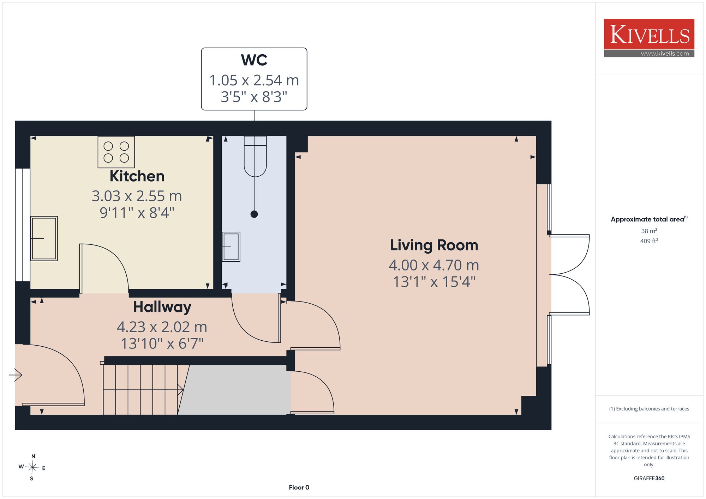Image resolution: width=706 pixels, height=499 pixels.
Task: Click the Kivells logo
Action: coord(649,38)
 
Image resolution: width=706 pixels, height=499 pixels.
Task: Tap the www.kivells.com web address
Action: coord(665,54)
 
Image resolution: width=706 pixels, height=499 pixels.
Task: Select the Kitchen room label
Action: coord(137,176)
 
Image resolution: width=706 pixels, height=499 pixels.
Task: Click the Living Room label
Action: coord(434,245)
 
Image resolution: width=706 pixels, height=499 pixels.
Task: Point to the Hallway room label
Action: coord(162,307)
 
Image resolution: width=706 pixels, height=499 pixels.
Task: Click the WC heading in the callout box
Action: coord(254,60)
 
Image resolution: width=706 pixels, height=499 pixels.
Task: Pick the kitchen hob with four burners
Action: coord(116,152)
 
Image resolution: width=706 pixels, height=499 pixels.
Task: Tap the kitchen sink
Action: coord(44,238)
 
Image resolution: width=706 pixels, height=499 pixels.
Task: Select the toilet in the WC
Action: coord(255,156)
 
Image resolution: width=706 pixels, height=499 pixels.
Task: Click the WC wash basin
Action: coord(231,247)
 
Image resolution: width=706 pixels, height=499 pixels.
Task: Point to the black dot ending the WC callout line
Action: coord(254,214)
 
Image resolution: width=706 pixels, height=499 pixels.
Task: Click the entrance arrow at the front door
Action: coord(16,375)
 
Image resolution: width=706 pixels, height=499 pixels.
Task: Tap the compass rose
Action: coord(32,468)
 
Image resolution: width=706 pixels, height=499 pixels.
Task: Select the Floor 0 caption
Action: coord(299,487)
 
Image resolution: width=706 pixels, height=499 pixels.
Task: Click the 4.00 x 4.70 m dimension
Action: coord(434,265)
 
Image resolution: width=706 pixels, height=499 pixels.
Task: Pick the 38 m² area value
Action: coord(649,231)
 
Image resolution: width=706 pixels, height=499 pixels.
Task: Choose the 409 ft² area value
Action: coord(649,241)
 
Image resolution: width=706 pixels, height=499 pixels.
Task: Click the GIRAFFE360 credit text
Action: coord(649,479)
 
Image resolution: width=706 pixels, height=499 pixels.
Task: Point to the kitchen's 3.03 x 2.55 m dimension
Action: coord(137,196)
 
